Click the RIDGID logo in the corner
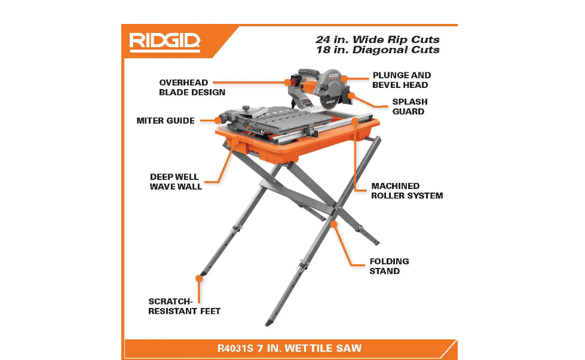(165, 41)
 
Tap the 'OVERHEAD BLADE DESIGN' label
(192, 87)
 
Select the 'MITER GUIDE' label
(166, 121)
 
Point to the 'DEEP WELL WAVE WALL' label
(176, 182)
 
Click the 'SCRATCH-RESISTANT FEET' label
(184, 306)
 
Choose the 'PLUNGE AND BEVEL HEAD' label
(401, 80)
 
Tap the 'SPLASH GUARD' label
(409, 106)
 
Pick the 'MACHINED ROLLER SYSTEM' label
(407, 191)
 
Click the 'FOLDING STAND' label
(389, 266)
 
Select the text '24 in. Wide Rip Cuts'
(378, 39)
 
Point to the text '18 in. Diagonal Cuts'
(378, 50)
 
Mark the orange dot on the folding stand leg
(335, 224)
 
